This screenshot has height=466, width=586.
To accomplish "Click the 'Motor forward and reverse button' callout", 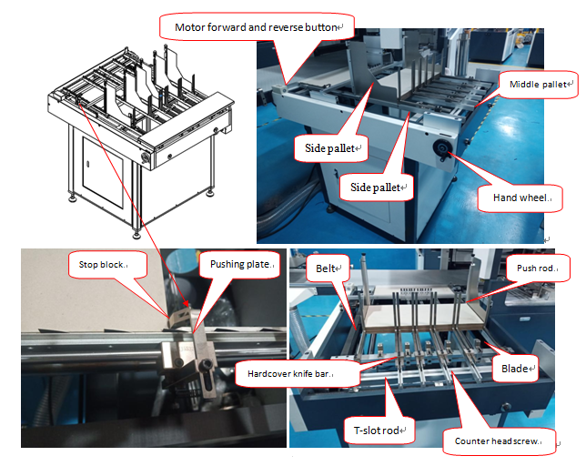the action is [x=257, y=27].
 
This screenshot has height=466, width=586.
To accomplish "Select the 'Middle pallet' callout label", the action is [x=538, y=85].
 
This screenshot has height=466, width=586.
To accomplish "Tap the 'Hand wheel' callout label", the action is [x=520, y=198].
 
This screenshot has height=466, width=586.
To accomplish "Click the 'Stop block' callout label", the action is [x=107, y=265].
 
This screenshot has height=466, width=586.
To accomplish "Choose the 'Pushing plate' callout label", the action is [x=239, y=264].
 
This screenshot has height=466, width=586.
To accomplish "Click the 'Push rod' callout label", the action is [x=538, y=268].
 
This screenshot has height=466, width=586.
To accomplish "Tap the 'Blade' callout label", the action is [x=515, y=369].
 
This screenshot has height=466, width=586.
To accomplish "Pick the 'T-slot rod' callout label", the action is [x=379, y=431].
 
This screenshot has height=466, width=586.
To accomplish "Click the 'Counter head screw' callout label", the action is [x=499, y=441].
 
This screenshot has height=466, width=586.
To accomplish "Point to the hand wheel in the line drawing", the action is [x=146, y=157].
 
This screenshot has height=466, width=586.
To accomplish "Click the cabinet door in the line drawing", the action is [x=103, y=173].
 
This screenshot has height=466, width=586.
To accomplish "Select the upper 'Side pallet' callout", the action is [x=330, y=148].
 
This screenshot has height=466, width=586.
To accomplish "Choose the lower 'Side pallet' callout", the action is [x=377, y=187].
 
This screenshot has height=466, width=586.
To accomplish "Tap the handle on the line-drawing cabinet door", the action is [x=88, y=164].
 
